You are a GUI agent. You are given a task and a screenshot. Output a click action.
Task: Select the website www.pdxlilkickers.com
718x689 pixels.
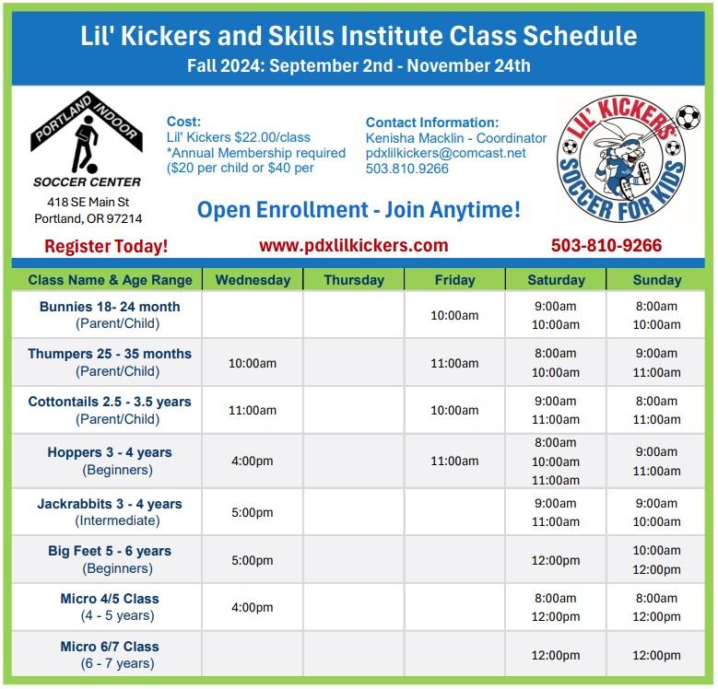coord(354,245)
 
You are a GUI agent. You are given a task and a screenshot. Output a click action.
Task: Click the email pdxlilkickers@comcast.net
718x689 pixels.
coord(446,153)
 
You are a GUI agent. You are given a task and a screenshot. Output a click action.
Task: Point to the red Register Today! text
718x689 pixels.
coord(106,246)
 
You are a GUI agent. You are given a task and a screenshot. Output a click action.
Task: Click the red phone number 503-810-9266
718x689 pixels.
coord(606,246)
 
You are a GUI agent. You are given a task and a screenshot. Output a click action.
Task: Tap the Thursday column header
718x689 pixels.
coord(354,280)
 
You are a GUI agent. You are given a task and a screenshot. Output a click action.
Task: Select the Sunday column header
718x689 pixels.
coord(656,280)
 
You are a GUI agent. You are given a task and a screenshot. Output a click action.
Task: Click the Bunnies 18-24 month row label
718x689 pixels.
coord(110,315)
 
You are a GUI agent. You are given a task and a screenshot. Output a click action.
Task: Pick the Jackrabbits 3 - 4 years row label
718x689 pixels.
coord(110,512)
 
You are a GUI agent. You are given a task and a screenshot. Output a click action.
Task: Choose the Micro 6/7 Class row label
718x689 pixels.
coord(110,655)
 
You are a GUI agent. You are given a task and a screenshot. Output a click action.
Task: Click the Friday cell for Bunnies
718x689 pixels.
coord(454,315)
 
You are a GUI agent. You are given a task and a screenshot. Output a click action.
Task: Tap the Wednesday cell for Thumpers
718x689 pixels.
coord(252,363)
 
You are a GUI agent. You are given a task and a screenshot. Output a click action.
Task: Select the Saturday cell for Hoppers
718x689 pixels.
coord(556,461)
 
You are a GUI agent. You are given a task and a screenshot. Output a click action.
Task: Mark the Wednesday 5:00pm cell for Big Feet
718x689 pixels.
coord(252,560)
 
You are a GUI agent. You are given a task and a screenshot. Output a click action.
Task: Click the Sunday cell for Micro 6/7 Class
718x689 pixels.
coord(656,656)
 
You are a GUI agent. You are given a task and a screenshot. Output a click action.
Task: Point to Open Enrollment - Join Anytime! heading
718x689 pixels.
coord(359,209)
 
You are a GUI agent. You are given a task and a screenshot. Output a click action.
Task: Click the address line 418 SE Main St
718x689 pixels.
coord(88,202)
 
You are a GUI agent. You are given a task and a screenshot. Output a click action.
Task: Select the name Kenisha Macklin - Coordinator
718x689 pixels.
coord(455,138)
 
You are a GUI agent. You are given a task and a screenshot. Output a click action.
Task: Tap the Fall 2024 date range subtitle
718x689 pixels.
coord(359,65)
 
